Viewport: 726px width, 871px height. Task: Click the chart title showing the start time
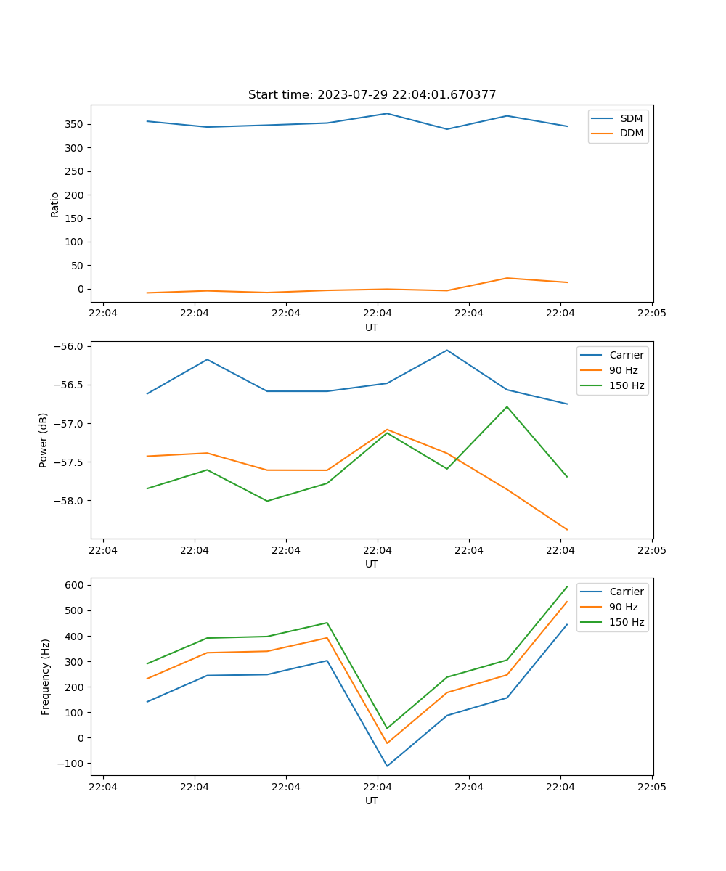(x=372, y=95)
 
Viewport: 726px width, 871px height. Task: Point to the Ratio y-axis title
(x=55, y=204)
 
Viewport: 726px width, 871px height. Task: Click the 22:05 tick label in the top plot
(x=651, y=314)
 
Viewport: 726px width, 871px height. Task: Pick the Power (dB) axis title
(x=44, y=440)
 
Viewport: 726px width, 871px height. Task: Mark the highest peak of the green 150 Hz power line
(x=507, y=406)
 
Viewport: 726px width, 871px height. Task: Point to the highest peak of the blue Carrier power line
(x=447, y=350)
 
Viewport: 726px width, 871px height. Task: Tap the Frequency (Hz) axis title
(x=45, y=676)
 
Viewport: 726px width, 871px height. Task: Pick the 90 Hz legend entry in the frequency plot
(x=623, y=607)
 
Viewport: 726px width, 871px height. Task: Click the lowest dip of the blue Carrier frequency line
(x=387, y=766)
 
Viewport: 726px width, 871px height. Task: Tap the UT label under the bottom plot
(x=372, y=801)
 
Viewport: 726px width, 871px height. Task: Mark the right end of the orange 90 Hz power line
(x=567, y=530)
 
